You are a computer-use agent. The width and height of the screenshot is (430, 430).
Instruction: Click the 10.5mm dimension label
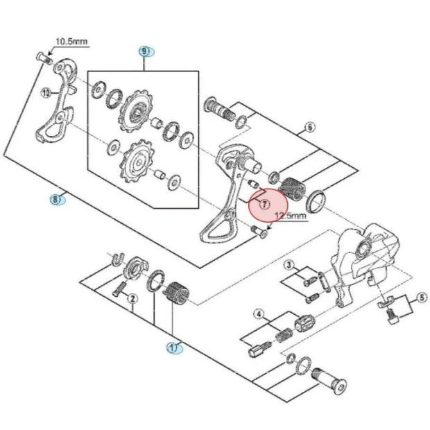point(72,42)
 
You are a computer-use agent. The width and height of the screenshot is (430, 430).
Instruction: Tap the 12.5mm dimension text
point(290,216)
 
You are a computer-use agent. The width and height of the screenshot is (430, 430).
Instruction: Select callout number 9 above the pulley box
point(145,51)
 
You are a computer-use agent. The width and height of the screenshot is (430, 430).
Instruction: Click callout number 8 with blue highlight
point(57,200)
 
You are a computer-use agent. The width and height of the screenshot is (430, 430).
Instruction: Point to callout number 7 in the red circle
point(264,204)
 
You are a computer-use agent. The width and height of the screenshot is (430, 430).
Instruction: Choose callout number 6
point(309,128)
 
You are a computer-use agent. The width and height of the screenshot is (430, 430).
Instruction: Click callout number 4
point(259,314)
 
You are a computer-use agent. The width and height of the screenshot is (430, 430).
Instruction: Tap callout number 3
point(289,265)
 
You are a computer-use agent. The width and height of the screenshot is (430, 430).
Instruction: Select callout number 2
point(132,298)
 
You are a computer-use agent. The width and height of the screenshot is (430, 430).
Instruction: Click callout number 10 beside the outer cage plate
point(46,93)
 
